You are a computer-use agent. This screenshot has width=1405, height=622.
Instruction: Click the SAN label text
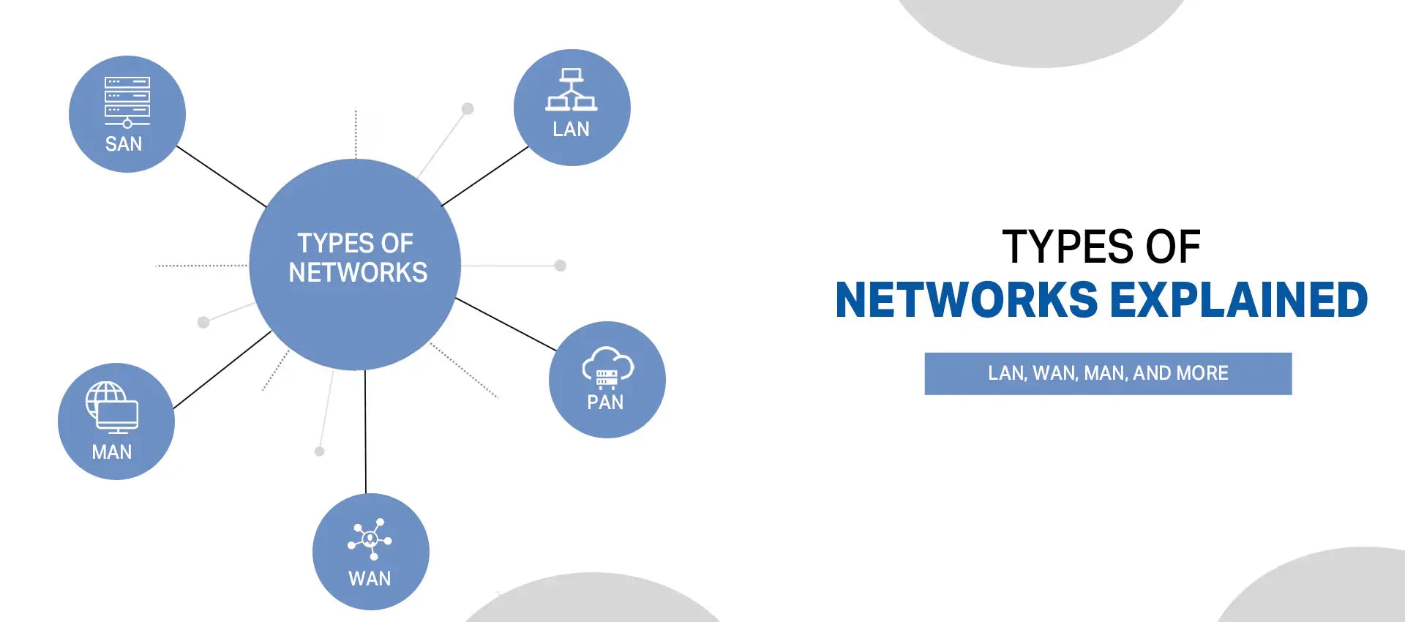[x=124, y=144]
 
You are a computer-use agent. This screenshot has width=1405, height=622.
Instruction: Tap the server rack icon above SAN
[x=127, y=100]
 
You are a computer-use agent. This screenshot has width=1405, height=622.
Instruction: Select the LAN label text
[x=571, y=130]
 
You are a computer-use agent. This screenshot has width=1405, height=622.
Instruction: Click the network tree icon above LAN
[x=572, y=90]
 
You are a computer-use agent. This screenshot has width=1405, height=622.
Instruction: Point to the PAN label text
[x=605, y=402]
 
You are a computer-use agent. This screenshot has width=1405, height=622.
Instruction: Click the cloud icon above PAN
[x=607, y=366]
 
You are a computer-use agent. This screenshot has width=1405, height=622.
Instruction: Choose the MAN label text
[x=112, y=452]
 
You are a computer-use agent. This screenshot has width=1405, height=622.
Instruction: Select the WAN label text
[x=370, y=579]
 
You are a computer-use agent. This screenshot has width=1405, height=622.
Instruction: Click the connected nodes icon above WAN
[x=370, y=539]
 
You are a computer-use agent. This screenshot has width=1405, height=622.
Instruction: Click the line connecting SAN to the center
[x=221, y=176]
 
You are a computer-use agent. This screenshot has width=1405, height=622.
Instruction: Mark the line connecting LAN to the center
[x=484, y=176]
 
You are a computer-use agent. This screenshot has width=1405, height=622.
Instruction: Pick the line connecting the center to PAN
[x=505, y=324]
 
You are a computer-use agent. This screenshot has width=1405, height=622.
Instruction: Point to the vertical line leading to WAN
[x=365, y=432]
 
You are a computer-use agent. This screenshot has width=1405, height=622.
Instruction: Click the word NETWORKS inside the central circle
[x=358, y=273]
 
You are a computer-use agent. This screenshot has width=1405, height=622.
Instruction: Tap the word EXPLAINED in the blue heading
[x=1238, y=300]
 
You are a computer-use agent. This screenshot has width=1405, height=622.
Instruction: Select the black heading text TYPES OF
[x=1101, y=247]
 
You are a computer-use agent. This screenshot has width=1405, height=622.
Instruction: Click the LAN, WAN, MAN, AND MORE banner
[x=1108, y=373]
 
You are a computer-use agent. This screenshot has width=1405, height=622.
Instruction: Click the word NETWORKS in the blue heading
[x=966, y=300]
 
